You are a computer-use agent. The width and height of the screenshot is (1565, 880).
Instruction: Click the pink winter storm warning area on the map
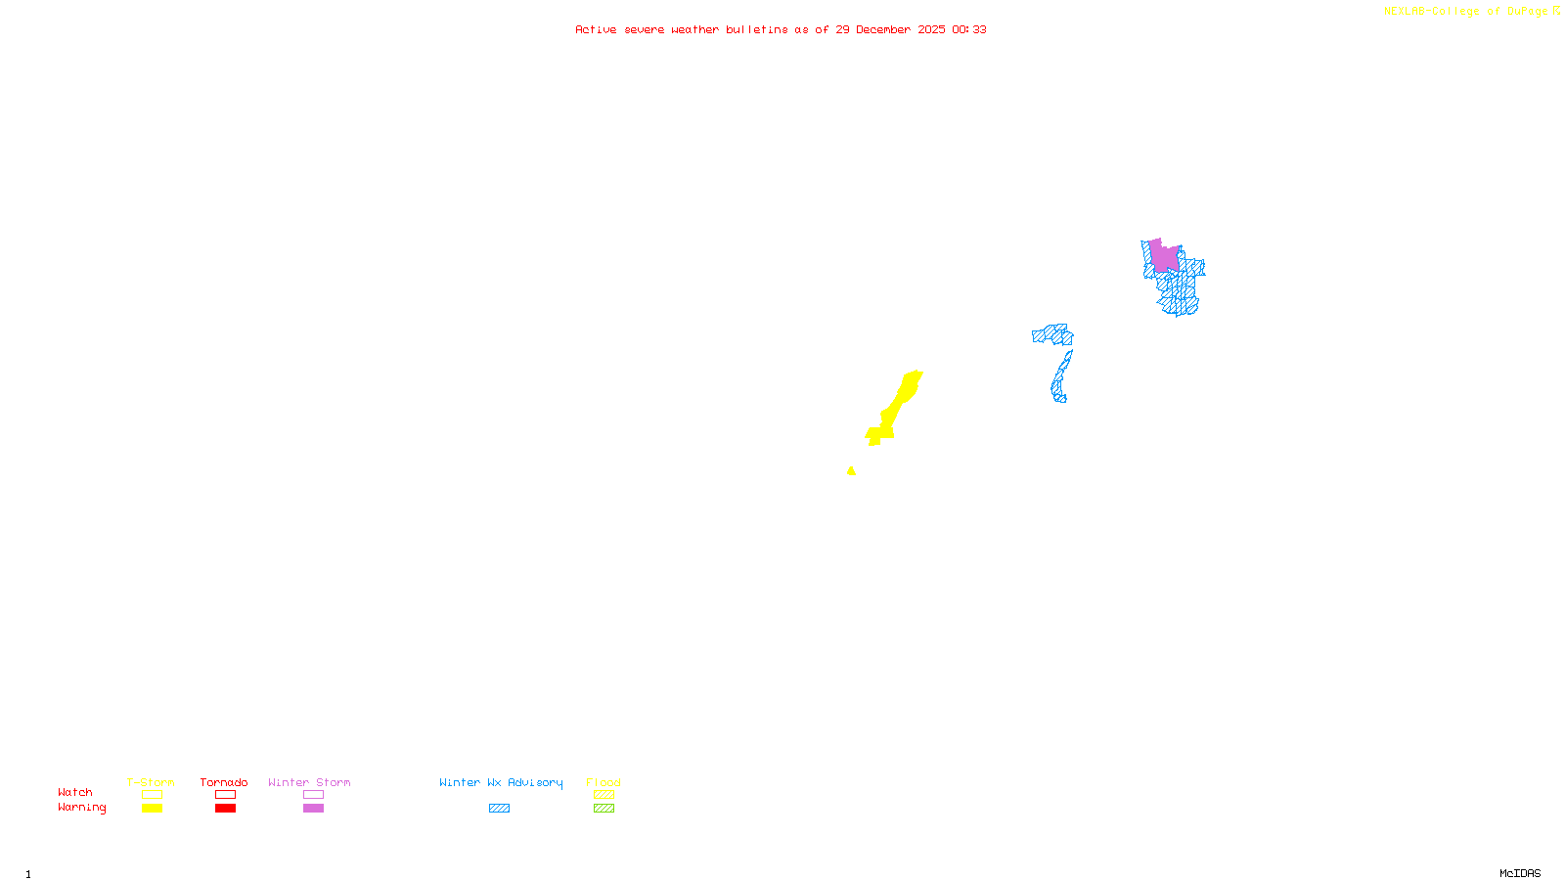1163,256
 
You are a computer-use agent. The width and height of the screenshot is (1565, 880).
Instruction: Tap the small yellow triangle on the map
851,471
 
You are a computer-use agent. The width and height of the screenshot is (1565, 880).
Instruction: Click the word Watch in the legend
75,793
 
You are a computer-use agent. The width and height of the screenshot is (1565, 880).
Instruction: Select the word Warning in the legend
81,808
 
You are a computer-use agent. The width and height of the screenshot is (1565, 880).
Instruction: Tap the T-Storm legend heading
151,782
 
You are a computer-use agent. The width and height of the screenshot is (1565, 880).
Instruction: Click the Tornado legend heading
224,782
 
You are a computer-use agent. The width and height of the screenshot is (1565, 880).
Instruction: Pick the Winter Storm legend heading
309,782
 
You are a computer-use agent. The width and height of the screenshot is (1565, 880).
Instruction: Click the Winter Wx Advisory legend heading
501,782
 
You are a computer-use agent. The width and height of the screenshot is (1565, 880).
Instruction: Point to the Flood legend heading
604,782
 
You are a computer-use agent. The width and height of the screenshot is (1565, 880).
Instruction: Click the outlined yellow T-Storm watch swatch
152,795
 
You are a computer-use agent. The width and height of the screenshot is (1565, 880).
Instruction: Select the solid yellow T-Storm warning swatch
152,809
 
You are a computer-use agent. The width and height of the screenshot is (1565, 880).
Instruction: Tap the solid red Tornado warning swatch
226,809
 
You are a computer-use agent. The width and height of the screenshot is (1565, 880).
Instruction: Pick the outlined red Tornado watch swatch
226,795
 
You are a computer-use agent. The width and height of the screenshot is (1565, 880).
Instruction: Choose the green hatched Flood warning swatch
604,809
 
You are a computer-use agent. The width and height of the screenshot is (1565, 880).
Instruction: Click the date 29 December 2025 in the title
890,29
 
